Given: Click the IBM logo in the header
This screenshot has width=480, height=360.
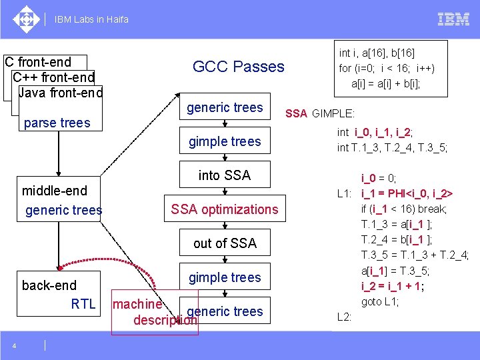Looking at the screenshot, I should (x=453, y=19).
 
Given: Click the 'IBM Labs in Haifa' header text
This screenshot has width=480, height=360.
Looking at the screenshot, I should (x=93, y=19).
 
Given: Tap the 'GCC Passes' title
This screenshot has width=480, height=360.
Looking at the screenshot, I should (x=238, y=67).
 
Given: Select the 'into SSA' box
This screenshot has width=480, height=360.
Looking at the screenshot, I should (x=225, y=175).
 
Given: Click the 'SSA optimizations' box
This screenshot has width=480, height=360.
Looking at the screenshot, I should (x=225, y=209).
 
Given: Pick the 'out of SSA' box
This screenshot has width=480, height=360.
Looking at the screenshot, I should (x=225, y=243).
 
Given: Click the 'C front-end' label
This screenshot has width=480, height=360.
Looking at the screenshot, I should (x=38, y=62).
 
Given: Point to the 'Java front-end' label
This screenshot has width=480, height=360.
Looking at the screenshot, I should (x=61, y=93).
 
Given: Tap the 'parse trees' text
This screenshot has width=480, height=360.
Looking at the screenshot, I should (x=57, y=123).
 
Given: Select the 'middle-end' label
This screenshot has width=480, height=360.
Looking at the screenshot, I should (x=55, y=191).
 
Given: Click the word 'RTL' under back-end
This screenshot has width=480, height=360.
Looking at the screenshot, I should (x=83, y=305).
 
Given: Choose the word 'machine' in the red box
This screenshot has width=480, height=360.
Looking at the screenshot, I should (x=137, y=305).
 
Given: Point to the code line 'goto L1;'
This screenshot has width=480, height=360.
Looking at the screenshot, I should (x=380, y=301).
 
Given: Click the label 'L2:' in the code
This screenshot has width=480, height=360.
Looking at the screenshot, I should (x=345, y=317).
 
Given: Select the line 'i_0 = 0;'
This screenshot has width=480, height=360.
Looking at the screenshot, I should (x=379, y=178).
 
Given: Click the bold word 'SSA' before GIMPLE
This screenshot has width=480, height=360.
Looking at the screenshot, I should (x=297, y=113).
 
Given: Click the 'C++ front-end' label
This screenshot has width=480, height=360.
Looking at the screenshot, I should (x=53, y=77).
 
